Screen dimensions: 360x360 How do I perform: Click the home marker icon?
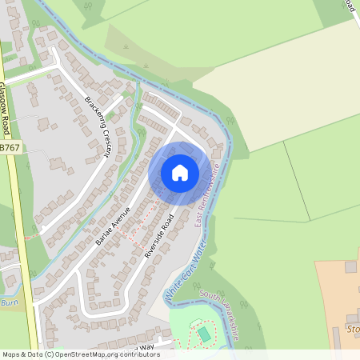coord(180,172)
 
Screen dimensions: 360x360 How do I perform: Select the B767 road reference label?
coord(10,148)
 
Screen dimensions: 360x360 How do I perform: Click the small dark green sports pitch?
coord(203,333)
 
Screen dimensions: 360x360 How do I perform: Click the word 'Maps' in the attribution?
coord(12,354)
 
